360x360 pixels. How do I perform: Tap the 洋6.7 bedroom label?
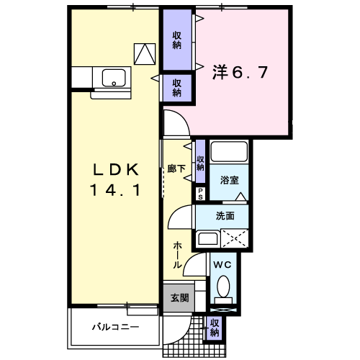coord(240,72)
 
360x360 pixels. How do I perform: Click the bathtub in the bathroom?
coord(230,153)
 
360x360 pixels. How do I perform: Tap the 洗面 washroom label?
coord(224,215)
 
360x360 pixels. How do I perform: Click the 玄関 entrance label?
coord(179,297)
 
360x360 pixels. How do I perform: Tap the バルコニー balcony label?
coord(115,327)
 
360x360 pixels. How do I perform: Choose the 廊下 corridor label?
coord(177,168)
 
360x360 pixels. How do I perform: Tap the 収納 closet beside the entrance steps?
coord(215,328)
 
